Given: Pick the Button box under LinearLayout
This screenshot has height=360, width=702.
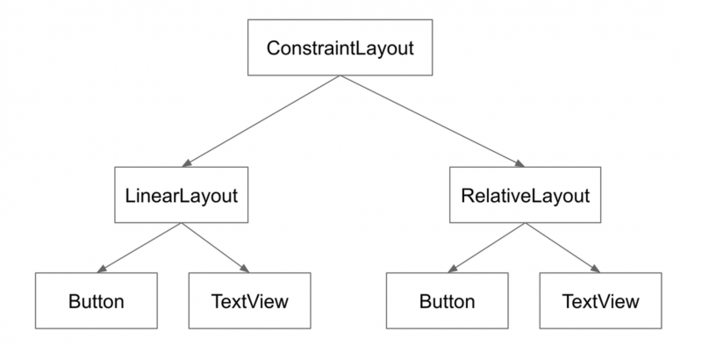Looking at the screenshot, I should point(96,301).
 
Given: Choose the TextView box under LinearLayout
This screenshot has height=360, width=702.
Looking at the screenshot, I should point(249,301).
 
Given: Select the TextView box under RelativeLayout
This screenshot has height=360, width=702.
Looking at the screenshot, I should point(600,301).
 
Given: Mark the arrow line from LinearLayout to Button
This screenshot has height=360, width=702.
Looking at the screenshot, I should point(140,246).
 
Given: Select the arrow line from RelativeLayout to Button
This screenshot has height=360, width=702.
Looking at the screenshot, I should point(488,246).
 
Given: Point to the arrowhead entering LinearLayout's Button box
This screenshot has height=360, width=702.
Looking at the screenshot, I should point(101,268).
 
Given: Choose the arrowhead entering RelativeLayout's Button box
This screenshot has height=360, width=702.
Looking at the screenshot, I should point(451,268).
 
